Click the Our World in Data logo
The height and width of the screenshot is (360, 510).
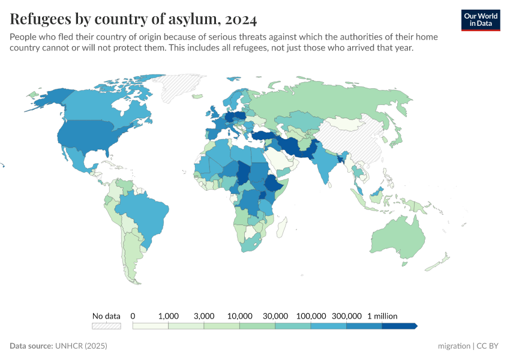pyautogui.click(x=480, y=20)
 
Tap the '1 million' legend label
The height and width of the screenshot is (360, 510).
pyautogui.click(x=382, y=316)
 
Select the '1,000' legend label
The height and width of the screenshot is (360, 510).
pyautogui.click(x=168, y=316)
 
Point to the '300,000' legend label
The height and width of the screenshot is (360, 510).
pyautogui.click(x=346, y=316)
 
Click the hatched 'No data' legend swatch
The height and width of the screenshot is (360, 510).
pyautogui.click(x=106, y=326)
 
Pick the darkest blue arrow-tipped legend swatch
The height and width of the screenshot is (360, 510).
pyautogui.click(x=399, y=326)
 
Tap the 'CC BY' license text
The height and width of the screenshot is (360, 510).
pyautogui.click(x=488, y=346)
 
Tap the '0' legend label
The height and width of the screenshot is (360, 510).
pyautogui.click(x=133, y=316)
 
